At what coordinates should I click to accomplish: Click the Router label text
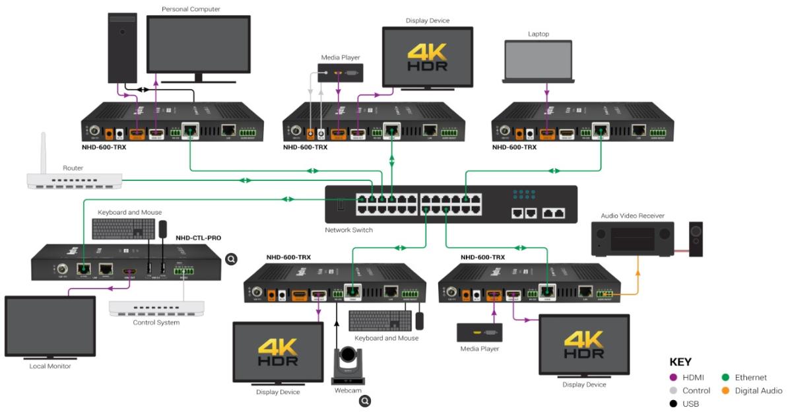click(73, 168)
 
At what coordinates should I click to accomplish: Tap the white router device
click(75, 180)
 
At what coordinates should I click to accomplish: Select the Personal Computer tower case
click(122, 47)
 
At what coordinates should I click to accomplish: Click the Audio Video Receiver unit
click(632, 239)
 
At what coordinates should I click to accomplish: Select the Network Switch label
click(348, 230)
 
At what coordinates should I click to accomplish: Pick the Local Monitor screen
click(50, 327)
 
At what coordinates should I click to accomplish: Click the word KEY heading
click(680, 362)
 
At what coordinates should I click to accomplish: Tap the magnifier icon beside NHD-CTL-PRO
click(232, 259)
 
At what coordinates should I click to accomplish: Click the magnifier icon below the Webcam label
click(364, 400)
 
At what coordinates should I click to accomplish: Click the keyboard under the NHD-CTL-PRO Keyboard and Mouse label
click(123, 229)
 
